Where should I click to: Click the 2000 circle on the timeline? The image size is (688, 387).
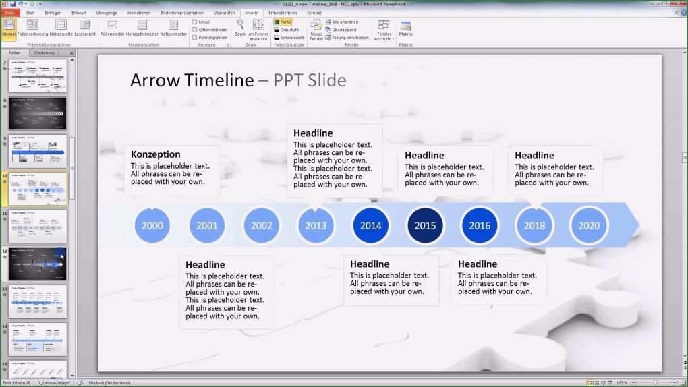click(152, 226)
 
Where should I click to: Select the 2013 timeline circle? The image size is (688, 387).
click(316, 226)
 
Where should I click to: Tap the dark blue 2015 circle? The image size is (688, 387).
click(425, 226)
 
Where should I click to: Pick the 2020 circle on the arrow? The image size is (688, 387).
click(589, 226)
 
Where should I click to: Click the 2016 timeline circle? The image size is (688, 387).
click(480, 226)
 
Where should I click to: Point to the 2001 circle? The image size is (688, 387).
click(207, 226)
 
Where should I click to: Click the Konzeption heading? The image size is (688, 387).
click(156, 154)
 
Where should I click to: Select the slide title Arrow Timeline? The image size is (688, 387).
click(192, 80)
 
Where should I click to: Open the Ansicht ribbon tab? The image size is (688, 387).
click(252, 13)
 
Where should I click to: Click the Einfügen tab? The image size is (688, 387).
click(53, 13)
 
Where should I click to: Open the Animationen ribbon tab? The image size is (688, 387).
click(139, 13)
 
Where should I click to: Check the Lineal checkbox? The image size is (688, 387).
click(195, 22)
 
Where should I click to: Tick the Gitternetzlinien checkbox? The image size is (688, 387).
click(195, 30)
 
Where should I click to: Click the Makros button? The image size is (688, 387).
click(405, 28)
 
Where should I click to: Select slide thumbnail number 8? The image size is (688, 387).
click(38, 113)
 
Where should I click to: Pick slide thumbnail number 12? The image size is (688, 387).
click(38, 264)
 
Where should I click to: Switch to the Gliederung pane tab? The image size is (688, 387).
click(44, 53)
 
